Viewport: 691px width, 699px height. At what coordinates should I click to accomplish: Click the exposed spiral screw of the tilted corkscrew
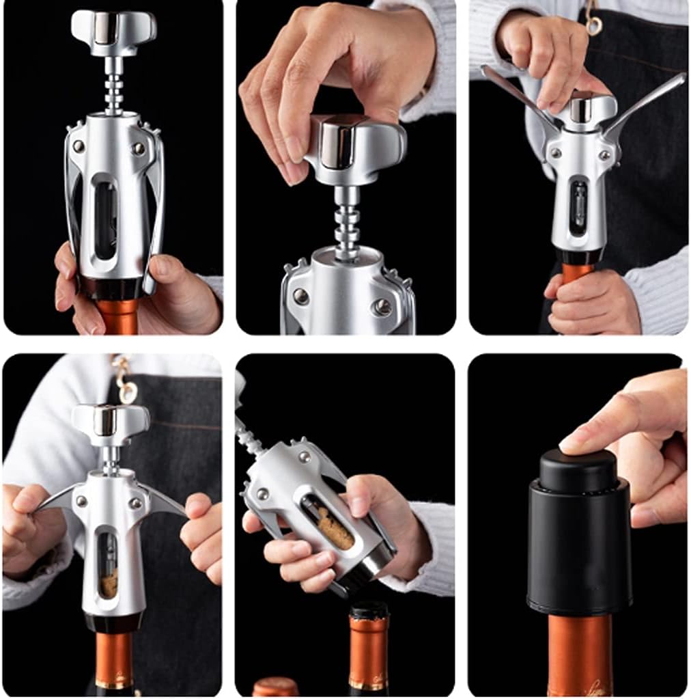pyautogui.click(x=249, y=435)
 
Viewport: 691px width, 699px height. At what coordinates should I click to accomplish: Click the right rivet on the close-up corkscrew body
pyautogui.click(x=383, y=307)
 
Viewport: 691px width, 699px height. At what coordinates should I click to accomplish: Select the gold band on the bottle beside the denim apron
pyautogui.click(x=113, y=683)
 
